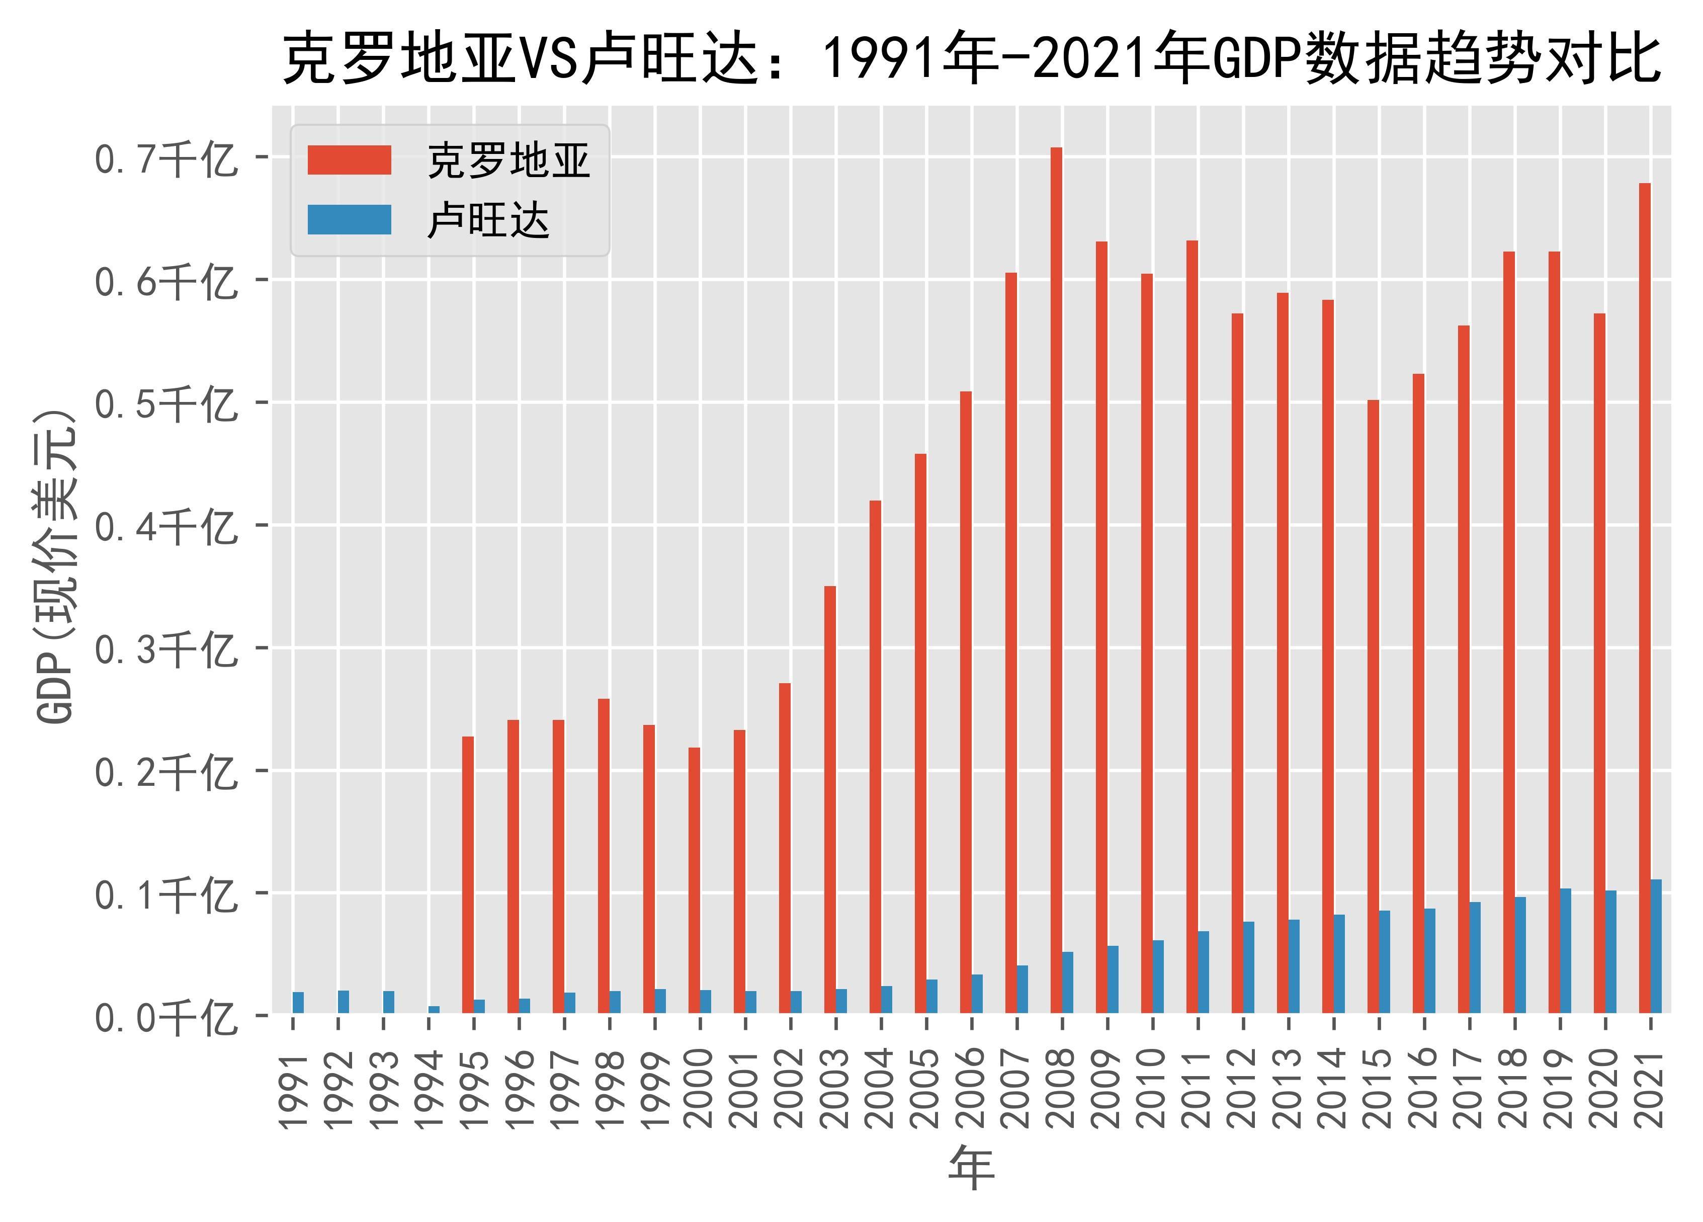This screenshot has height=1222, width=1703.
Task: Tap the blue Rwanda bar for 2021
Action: pos(1656,946)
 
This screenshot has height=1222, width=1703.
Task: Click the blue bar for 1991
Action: pos(298,1002)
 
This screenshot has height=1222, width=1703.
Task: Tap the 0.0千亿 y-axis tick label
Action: pos(165,1018)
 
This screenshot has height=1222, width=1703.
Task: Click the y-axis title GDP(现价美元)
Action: pos(56,567)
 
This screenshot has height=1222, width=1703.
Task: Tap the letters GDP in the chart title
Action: pos(1256,58)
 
